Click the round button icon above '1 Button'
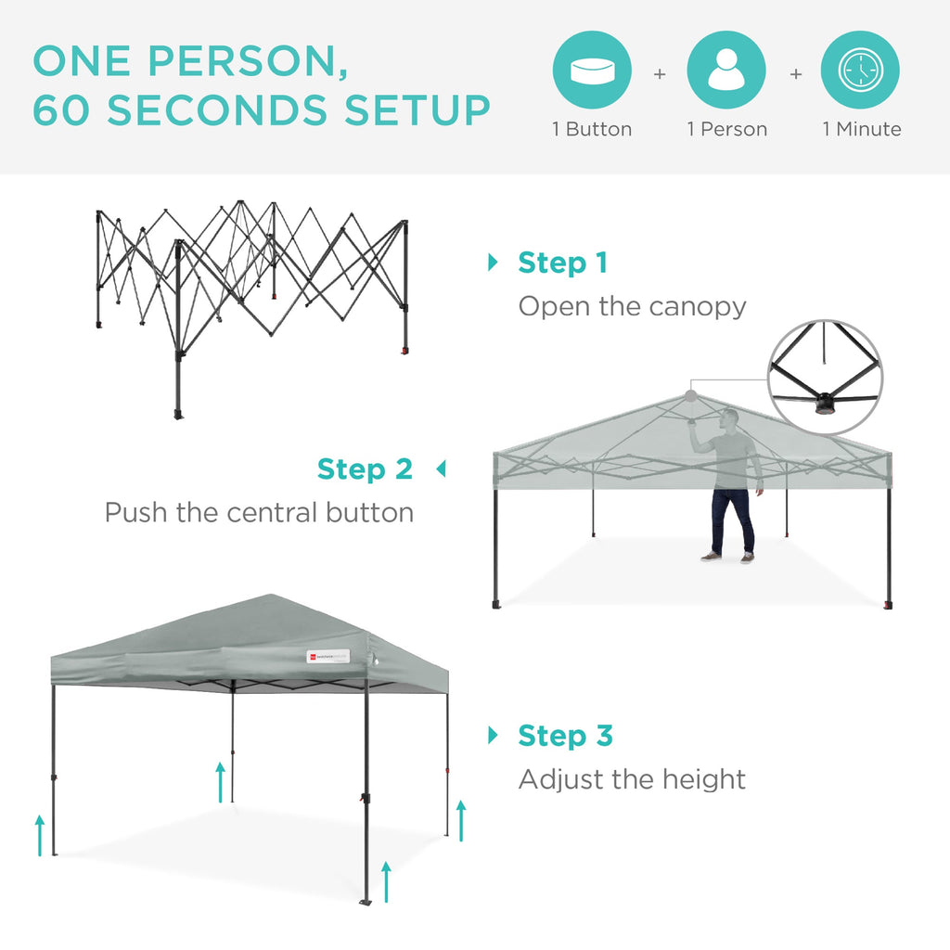[x=592, y=71]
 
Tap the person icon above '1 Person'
[x=726, y=71]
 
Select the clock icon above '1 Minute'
[x=860, y=71]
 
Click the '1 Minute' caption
[x=861, y=130]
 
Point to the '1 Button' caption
[x=592, y=130]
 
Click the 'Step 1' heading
[x=562, y=263]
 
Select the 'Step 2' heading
[x=365, y=469]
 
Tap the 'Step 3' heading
[x=565, y=736]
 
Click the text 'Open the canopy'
[x=632, y=306]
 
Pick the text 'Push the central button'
[x=259, y=512]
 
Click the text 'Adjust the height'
[x=632, y=779]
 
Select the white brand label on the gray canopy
[x=327, y=656]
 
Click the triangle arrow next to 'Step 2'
[x=441, y=469]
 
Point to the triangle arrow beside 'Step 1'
[x=493, y=263]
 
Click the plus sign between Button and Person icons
[x=660, y=73]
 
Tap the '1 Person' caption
[x=727, y=130]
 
